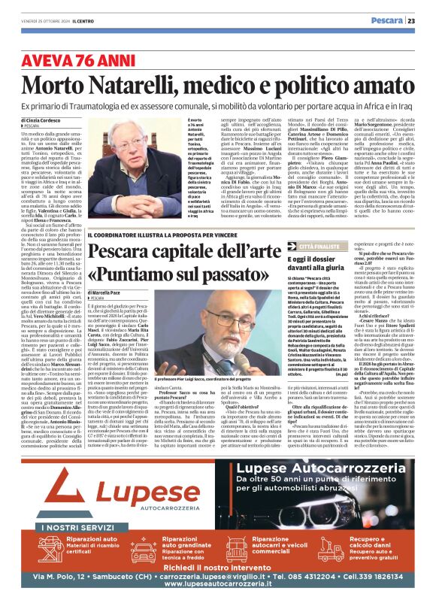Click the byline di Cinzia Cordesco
45,120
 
